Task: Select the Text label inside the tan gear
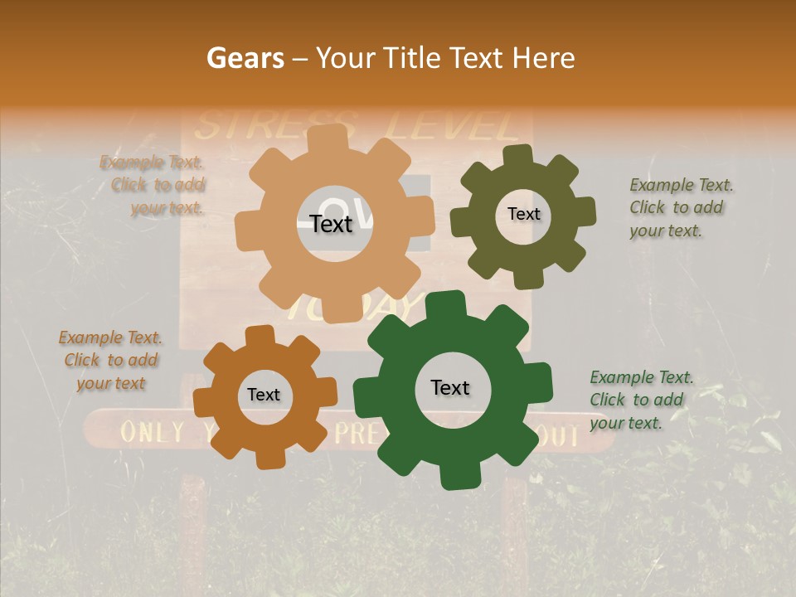coord(331,224)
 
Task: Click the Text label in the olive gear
coord(523,214)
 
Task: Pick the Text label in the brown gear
coord(264,395)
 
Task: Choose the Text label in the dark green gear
coord(450,387)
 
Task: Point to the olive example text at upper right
coord(681,207)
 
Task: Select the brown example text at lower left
coord(110,360)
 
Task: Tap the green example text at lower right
coord(641,400)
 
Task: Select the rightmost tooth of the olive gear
coord(585,213)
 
